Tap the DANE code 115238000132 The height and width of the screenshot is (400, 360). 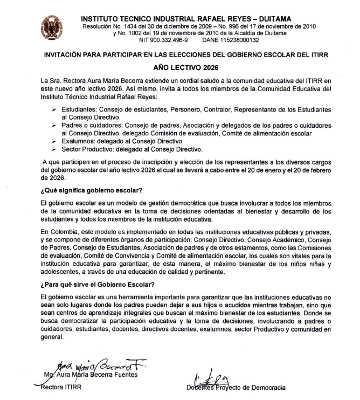pos(238,40)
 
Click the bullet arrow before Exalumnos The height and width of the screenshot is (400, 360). pos(50,140)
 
